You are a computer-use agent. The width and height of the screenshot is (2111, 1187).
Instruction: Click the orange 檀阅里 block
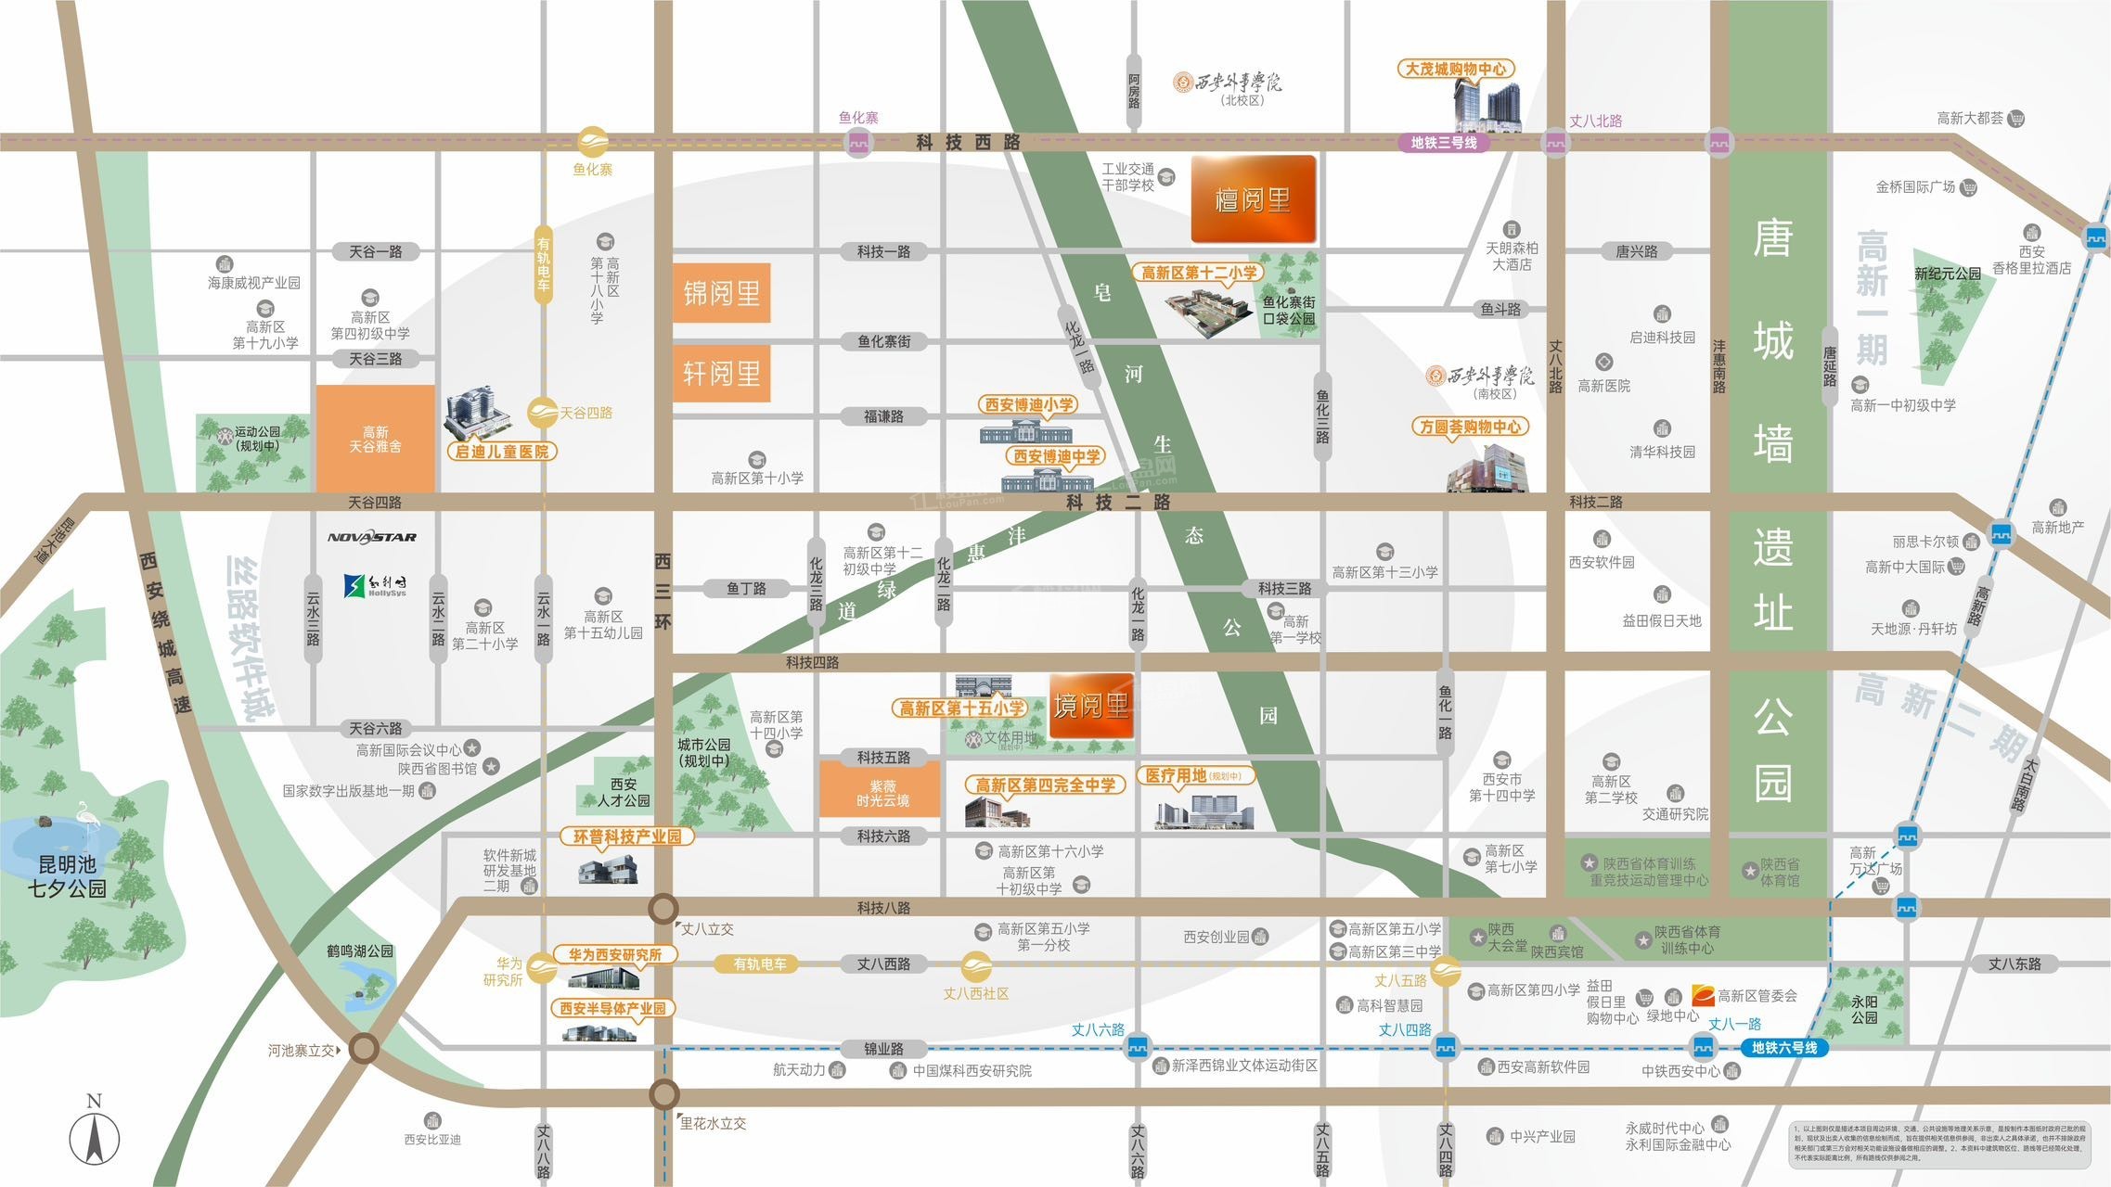click(1253, 199)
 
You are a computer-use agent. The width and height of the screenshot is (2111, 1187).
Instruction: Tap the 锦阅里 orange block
click(721, 293)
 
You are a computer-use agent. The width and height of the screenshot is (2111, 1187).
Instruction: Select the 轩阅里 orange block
click(721, 373)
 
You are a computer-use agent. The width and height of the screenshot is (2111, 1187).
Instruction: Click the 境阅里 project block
click(1091, 706)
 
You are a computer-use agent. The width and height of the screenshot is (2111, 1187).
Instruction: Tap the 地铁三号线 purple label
click(1443, 143)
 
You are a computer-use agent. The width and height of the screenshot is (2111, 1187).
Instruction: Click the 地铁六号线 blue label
click(1783, 1048)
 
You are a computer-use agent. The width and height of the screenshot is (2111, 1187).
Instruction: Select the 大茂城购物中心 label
click(1455, 69)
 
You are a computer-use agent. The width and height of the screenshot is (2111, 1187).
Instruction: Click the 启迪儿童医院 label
click(501, 452)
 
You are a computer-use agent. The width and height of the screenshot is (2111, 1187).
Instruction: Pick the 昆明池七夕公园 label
click(67, 876)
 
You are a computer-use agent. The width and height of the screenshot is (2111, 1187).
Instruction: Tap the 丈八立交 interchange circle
click(663, 908)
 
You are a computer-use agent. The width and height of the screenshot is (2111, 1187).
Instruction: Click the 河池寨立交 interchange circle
click(364, 1049)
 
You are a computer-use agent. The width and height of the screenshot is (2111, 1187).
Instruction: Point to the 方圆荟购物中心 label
click(1471, 427)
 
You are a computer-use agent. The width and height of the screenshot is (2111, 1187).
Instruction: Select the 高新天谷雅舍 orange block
click(375, 439)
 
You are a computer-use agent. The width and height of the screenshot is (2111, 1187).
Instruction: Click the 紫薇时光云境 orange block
click(882, 793)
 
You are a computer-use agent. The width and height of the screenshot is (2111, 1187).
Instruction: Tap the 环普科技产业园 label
click(627, 836)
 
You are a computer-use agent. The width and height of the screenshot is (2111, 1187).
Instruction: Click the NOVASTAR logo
click(372, 537)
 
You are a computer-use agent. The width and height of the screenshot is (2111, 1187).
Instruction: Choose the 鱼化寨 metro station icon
click(858, 143)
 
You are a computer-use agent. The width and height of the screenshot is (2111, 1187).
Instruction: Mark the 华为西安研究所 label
click(614, 954)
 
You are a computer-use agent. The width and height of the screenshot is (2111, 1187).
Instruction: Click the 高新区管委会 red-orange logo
click(1702, 995)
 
